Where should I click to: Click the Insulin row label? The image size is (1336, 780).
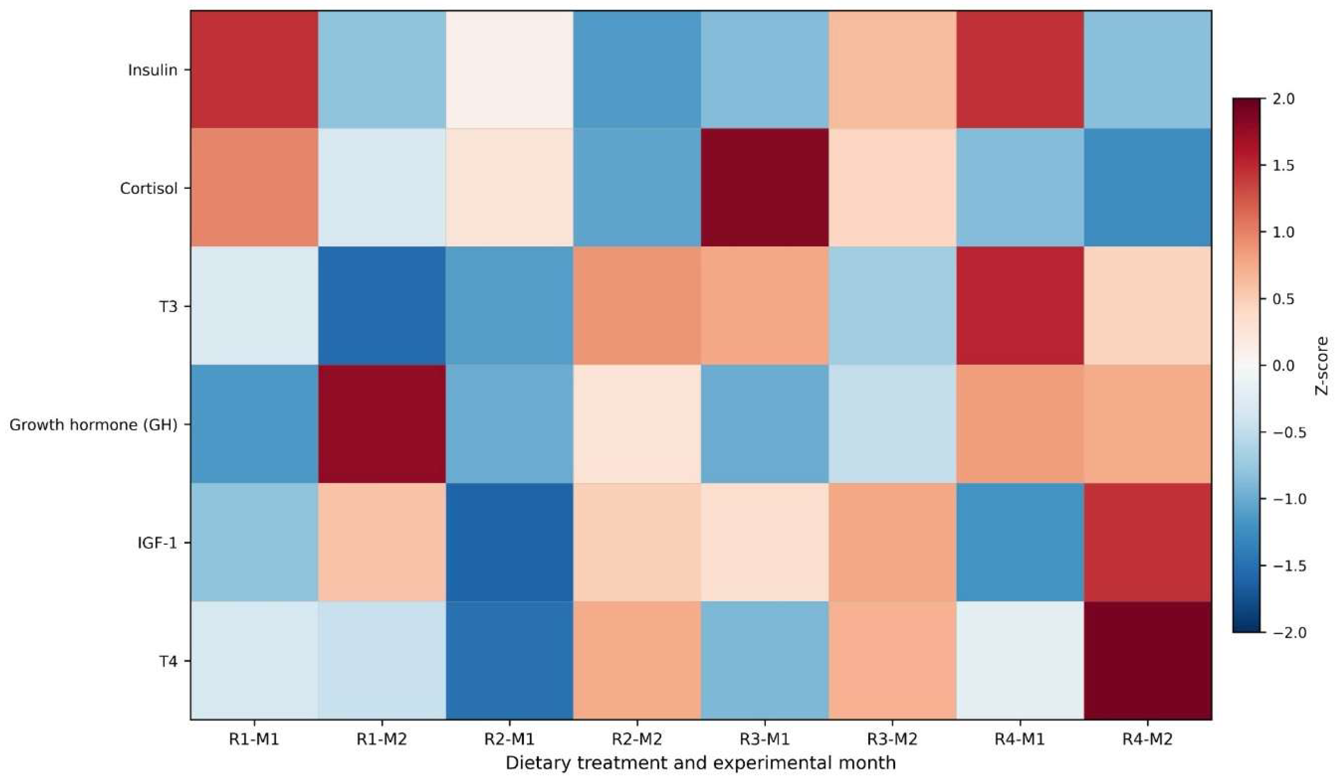[153, 70]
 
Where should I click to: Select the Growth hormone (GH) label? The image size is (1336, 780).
[93, 425]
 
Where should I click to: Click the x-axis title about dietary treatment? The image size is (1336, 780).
[701, 763]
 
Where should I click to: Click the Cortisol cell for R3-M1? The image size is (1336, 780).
[765, 188]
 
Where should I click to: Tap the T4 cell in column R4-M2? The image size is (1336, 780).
[1148, 660]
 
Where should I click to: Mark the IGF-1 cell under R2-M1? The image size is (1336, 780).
[510, 542]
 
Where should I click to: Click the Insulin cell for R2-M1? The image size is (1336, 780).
[510, 70]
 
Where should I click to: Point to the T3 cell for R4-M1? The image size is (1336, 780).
[1020, 306]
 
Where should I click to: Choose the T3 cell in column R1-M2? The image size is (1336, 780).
[382, 306]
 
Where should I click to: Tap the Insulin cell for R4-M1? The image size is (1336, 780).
[1020, 70]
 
